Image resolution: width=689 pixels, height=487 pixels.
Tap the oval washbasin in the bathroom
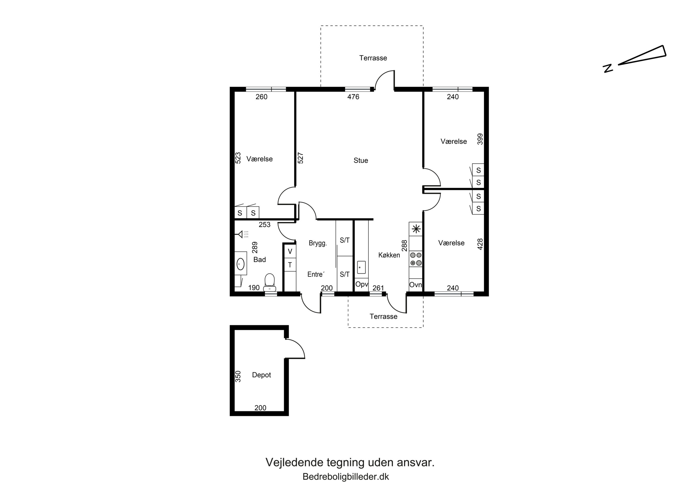tap(240, 264)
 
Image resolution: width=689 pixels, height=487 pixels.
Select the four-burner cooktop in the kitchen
tap(416, 259)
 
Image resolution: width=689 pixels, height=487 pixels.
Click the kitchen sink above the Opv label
tap(361, 267)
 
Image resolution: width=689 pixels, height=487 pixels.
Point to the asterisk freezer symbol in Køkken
tap(416, 229)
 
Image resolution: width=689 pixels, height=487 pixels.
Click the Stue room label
tap(361, 161)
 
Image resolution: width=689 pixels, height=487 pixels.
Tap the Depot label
tap(261, 375)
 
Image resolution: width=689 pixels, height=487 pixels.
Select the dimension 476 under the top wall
tap(353, 97)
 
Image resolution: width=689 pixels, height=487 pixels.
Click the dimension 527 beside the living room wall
tap(300, 158)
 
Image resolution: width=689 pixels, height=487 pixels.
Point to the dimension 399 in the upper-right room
tap(480, 139)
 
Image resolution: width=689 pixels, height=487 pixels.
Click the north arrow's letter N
tap(608, 68)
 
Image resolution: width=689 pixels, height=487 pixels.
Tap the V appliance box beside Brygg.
tap(290, 252)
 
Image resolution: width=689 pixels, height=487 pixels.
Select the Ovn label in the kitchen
tap(416, 285)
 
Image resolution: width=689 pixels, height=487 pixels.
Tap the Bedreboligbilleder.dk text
tap(346, 477)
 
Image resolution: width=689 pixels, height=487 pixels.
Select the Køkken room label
tap(389, 255)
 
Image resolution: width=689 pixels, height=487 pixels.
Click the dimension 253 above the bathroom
tap(265, 224)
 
